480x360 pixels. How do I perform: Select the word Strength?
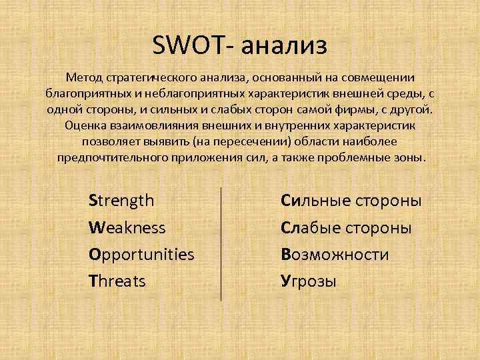[x=121, y=200]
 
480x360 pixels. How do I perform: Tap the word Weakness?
[x=127, y=227]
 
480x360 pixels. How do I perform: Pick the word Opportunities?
[x=141, y=255]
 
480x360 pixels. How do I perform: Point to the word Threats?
[x=117, y=281]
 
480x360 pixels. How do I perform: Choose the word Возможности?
[x=335, y=255]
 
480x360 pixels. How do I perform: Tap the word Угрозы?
[x=309, y=281]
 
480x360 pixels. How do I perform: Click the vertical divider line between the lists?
[x=221, y=243]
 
